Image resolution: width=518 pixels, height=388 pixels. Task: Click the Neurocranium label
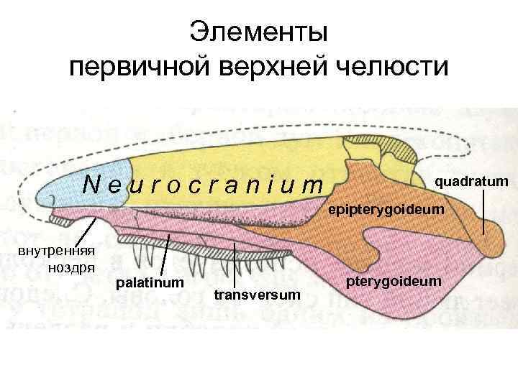pos(204,185)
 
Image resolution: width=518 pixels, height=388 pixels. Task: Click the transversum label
pos(256,295)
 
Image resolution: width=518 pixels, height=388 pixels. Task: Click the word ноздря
pos(72,267)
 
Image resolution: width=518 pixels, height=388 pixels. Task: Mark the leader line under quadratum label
pos(483,212)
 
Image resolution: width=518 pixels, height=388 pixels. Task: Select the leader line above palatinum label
pos(165,253)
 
